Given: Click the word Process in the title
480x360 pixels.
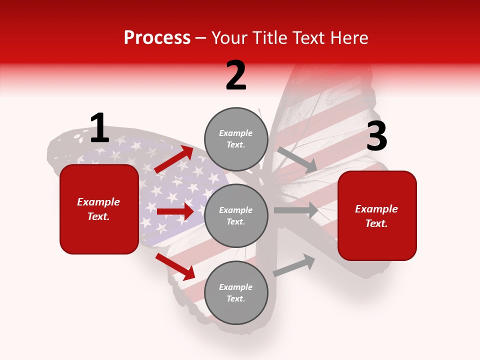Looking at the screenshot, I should (x=157, y=37).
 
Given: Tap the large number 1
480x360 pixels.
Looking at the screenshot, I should (x=99, y=128).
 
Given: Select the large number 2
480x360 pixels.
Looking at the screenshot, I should (x=236, y=75).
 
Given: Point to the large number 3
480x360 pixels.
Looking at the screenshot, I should (x=376, y=136).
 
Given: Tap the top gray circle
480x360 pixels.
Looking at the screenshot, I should (x=236, y=139).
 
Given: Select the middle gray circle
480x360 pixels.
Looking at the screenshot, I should (x=236, y=215).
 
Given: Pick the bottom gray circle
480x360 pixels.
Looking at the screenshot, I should (x=236, y=292).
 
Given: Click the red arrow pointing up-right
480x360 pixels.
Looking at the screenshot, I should (x=174, y=159).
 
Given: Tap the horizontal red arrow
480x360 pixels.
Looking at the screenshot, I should (x=175, y=211).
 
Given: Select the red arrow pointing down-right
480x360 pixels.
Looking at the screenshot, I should (x=175, y=266).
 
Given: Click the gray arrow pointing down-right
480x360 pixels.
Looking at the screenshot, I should (x=297, y=160).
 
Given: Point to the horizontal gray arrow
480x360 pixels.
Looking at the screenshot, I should (x=296, y=210).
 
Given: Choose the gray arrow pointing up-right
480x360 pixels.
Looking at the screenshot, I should (x=294, y=265).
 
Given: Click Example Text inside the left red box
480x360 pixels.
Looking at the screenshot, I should (x=99, y=209).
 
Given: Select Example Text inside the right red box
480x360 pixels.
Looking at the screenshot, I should (x=377, y=216).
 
